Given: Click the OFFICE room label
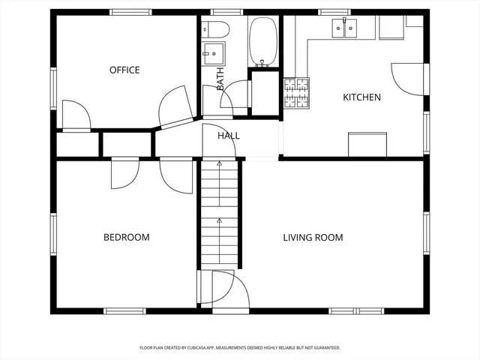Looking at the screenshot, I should [124, 70].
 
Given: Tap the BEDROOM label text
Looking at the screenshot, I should [126, 238].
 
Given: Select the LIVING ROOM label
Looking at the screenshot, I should [313, 238].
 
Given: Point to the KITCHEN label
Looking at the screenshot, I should [361, 97].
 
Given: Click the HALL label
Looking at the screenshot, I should [229, 136].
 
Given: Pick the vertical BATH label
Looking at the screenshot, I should [220, 79].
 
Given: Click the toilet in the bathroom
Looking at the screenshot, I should [217, 29].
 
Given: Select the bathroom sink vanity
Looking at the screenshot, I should [212, 53].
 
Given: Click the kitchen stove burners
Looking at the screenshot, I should [295, 94].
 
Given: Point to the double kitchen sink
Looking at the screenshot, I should [346, 29].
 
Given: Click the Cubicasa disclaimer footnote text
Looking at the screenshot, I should [240, 348].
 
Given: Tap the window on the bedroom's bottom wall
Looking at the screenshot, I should [124, 310].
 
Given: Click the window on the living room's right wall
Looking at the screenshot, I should [426, 233].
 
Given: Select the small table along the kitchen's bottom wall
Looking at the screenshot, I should [367, 144].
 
